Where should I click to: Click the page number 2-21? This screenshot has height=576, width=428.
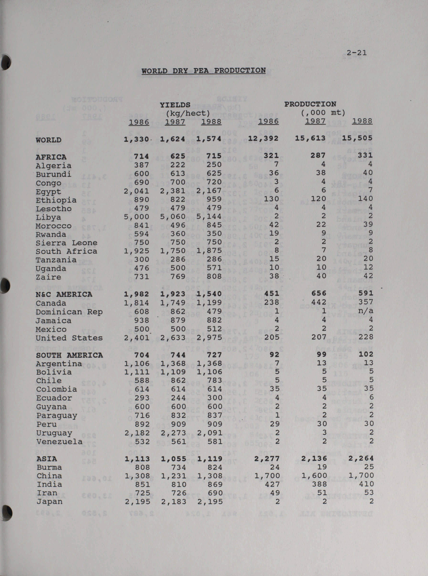pos(357,53)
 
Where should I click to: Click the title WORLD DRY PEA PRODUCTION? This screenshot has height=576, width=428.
pos(204,71)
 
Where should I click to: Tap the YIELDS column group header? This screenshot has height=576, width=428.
pos(175,105)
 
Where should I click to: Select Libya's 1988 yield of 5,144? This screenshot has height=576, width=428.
pos(209,217)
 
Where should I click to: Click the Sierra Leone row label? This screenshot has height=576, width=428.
pos(67,243)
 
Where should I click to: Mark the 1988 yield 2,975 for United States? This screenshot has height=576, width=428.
pos(209,337)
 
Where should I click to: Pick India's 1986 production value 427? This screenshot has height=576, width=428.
pos(272,484)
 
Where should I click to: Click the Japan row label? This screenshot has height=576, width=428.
pos(49,502)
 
